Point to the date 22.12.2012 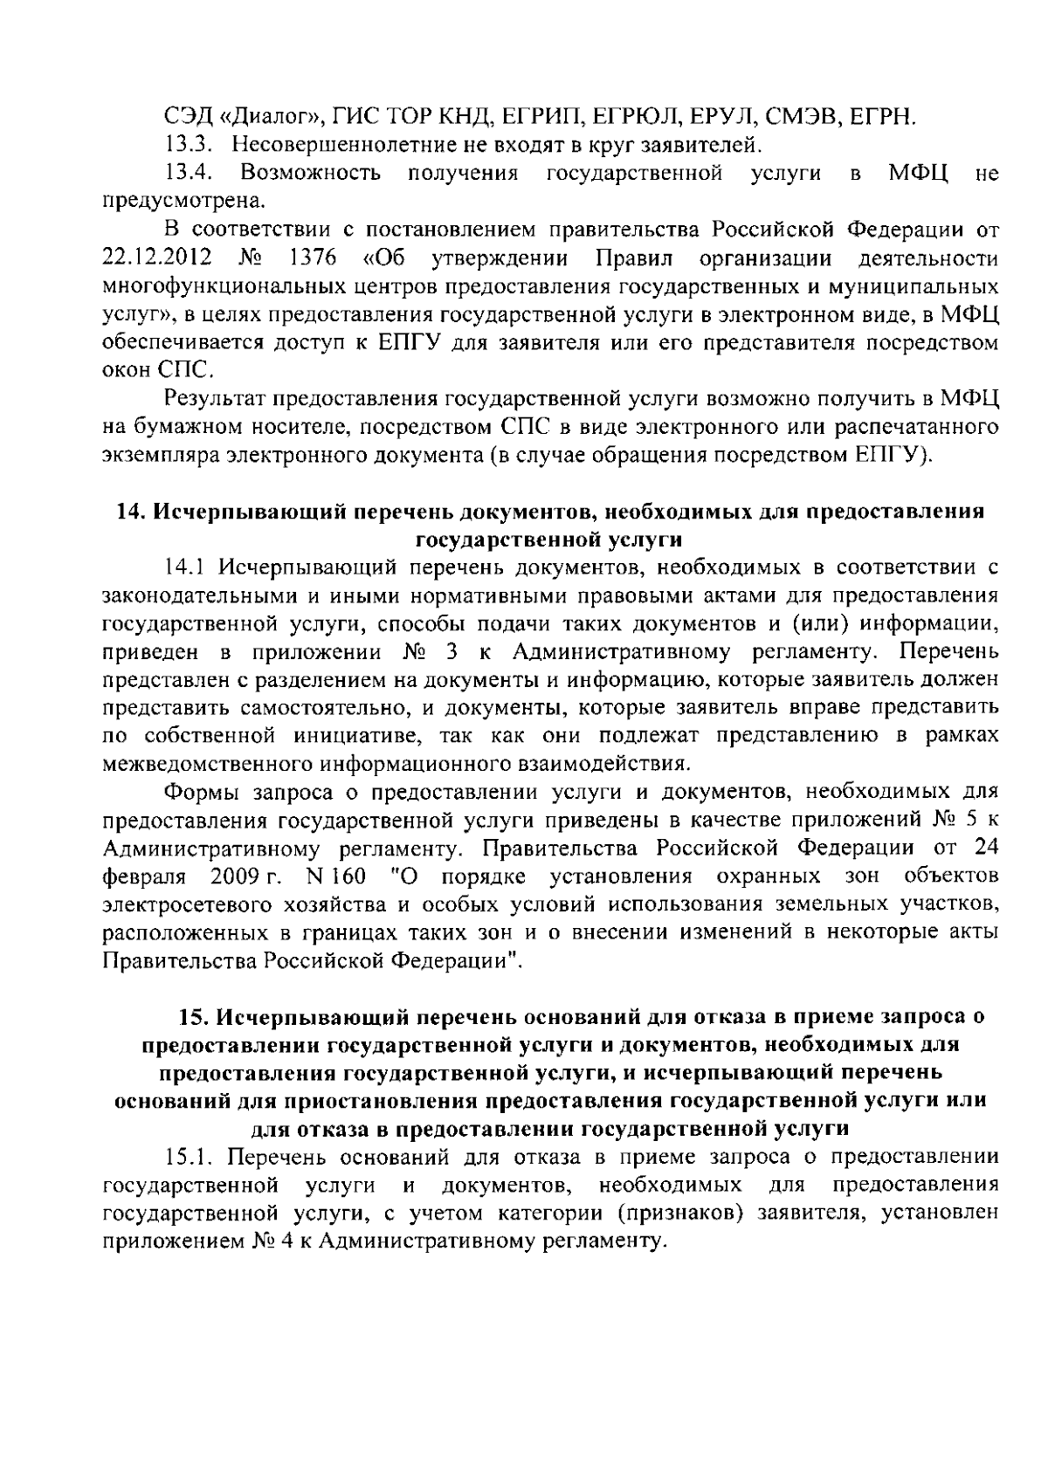click(x=144, y=258)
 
